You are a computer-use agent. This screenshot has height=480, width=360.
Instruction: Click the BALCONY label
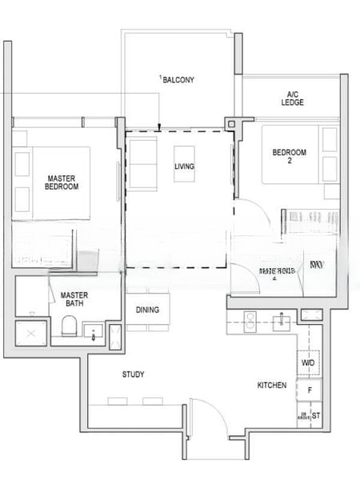(178, 79)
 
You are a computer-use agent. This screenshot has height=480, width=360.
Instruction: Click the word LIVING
(185, 166)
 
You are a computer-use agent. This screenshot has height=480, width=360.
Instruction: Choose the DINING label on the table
(147, 310)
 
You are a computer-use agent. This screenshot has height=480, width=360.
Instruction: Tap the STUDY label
(133, 374)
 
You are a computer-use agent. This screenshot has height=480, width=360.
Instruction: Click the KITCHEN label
(271, 386)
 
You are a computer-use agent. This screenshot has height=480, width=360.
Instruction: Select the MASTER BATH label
(74, 298)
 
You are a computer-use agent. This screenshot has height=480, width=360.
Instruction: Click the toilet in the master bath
(70, 327)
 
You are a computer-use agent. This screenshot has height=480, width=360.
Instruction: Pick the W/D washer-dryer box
(308, 363)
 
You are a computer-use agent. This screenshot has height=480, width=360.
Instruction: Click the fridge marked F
(309, 390)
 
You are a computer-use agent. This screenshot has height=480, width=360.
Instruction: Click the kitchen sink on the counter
(282, 322)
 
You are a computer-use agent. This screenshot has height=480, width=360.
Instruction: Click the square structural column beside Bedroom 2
(233, 124)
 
